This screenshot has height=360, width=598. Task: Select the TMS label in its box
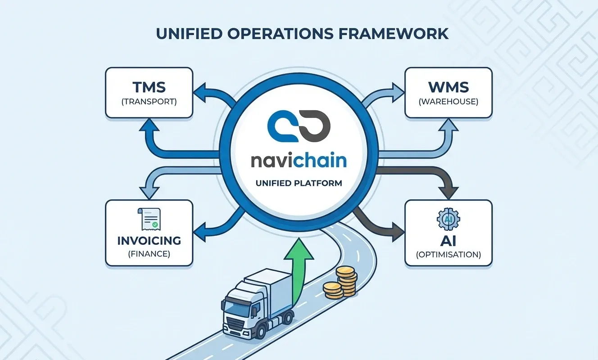[x=149, y=87]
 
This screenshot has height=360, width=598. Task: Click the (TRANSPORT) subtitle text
[x=149, y=102]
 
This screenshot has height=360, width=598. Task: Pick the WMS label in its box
[x=448, y=87]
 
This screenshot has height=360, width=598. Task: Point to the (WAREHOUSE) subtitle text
[x=448, y=102]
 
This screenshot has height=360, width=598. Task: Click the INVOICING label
[x=149, y=240]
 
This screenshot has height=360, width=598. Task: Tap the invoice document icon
[x=149, y=219]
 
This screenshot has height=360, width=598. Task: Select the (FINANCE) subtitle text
[x=149, y=254]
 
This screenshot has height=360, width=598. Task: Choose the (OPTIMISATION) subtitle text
[x=448, y=255]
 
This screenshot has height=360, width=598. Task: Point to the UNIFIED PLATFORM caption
[x=299, y=184]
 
